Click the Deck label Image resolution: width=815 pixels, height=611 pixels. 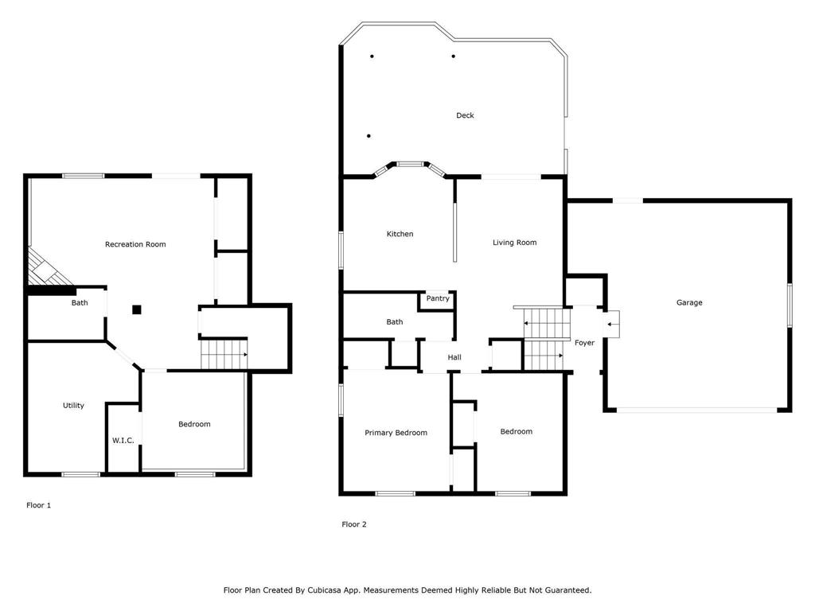(465, 115)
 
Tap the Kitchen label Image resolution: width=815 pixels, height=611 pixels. (400, 234)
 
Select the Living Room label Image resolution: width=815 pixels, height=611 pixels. (515, 242)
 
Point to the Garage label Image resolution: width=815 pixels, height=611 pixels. (689, 302)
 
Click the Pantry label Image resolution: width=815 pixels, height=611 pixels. (438, 298)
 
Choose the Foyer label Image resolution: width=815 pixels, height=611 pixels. (584, 343)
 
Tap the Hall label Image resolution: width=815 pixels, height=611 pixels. (454, 357)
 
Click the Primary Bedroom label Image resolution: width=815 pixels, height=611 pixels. (396, 433)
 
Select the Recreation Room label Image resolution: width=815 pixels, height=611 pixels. (135, 244)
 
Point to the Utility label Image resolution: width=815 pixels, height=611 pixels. (73, 405)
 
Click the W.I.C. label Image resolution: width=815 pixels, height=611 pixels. (123, 441)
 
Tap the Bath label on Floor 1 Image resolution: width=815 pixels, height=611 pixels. (80, 302)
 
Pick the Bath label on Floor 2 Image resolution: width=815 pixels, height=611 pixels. (395, 321)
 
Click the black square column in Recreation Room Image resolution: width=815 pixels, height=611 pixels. (137, 309)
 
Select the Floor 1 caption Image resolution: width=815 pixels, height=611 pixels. (38, 505)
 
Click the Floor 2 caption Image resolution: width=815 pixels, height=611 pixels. (354, 524)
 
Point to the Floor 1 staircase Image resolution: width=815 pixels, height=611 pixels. (224, 354)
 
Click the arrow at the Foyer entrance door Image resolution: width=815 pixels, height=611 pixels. (612, 325)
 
